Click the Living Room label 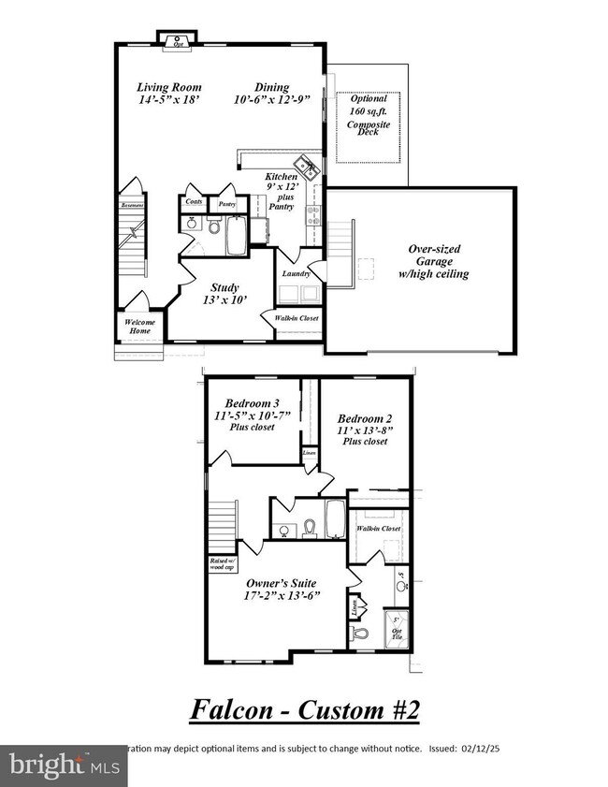pos(169,87)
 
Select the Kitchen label pos(281,176)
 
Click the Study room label pos(224,288)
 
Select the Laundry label pos(296,273)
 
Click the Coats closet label pos(194,202)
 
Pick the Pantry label pos(226,203)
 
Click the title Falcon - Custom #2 pos(305,709)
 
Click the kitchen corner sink pos(307,167)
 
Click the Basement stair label pos(130,206)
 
